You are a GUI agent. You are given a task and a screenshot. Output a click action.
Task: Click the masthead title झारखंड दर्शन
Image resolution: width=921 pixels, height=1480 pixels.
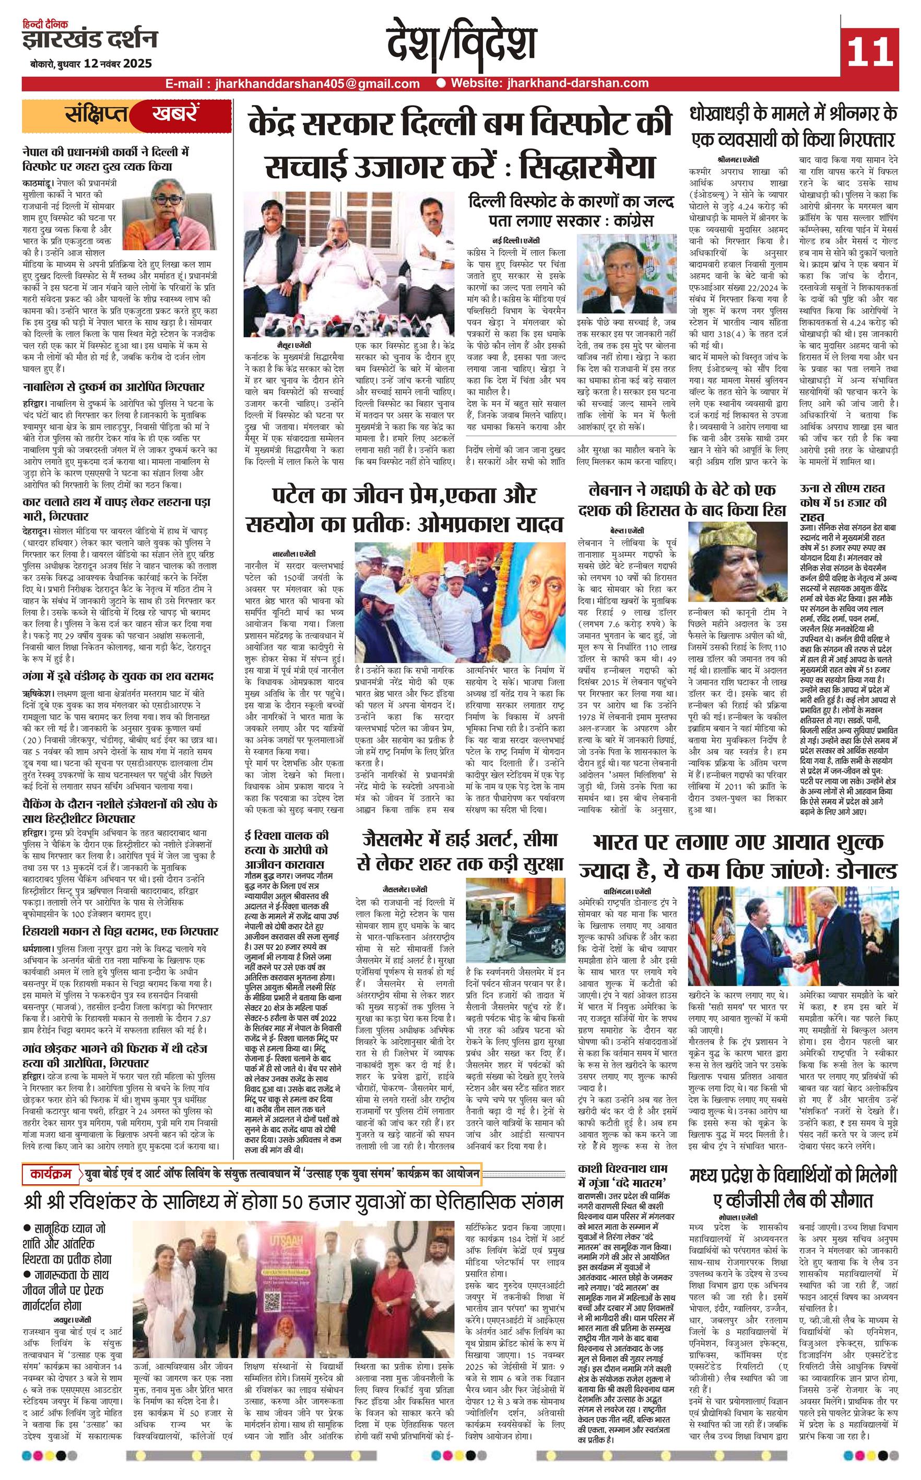pyautogui.click(x=90, y=41)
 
